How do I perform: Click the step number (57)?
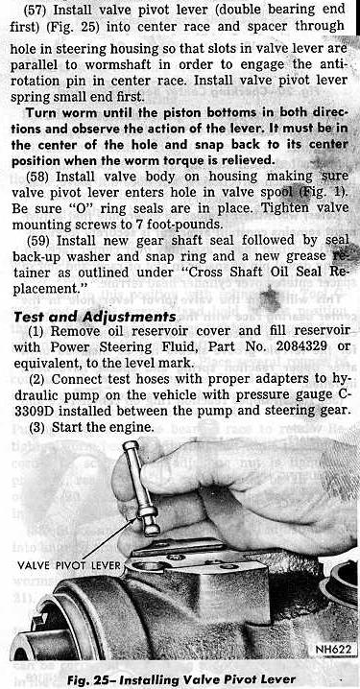(x=36, y=9)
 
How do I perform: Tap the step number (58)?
(x=39, y=178)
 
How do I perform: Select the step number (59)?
(x=40, y=240)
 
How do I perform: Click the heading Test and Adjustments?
(x=95, y=317)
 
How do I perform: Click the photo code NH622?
(x=333, y=649)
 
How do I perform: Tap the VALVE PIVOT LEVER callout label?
(x=68, y=564)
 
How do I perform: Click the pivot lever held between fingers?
(x=142, y=487)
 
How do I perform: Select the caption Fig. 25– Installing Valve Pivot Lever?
(x=181, y=679)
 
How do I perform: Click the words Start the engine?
(x=103, y=427)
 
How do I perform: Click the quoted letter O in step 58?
(x=83, y=209)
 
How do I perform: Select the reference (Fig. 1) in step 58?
(x=324, y=193)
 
